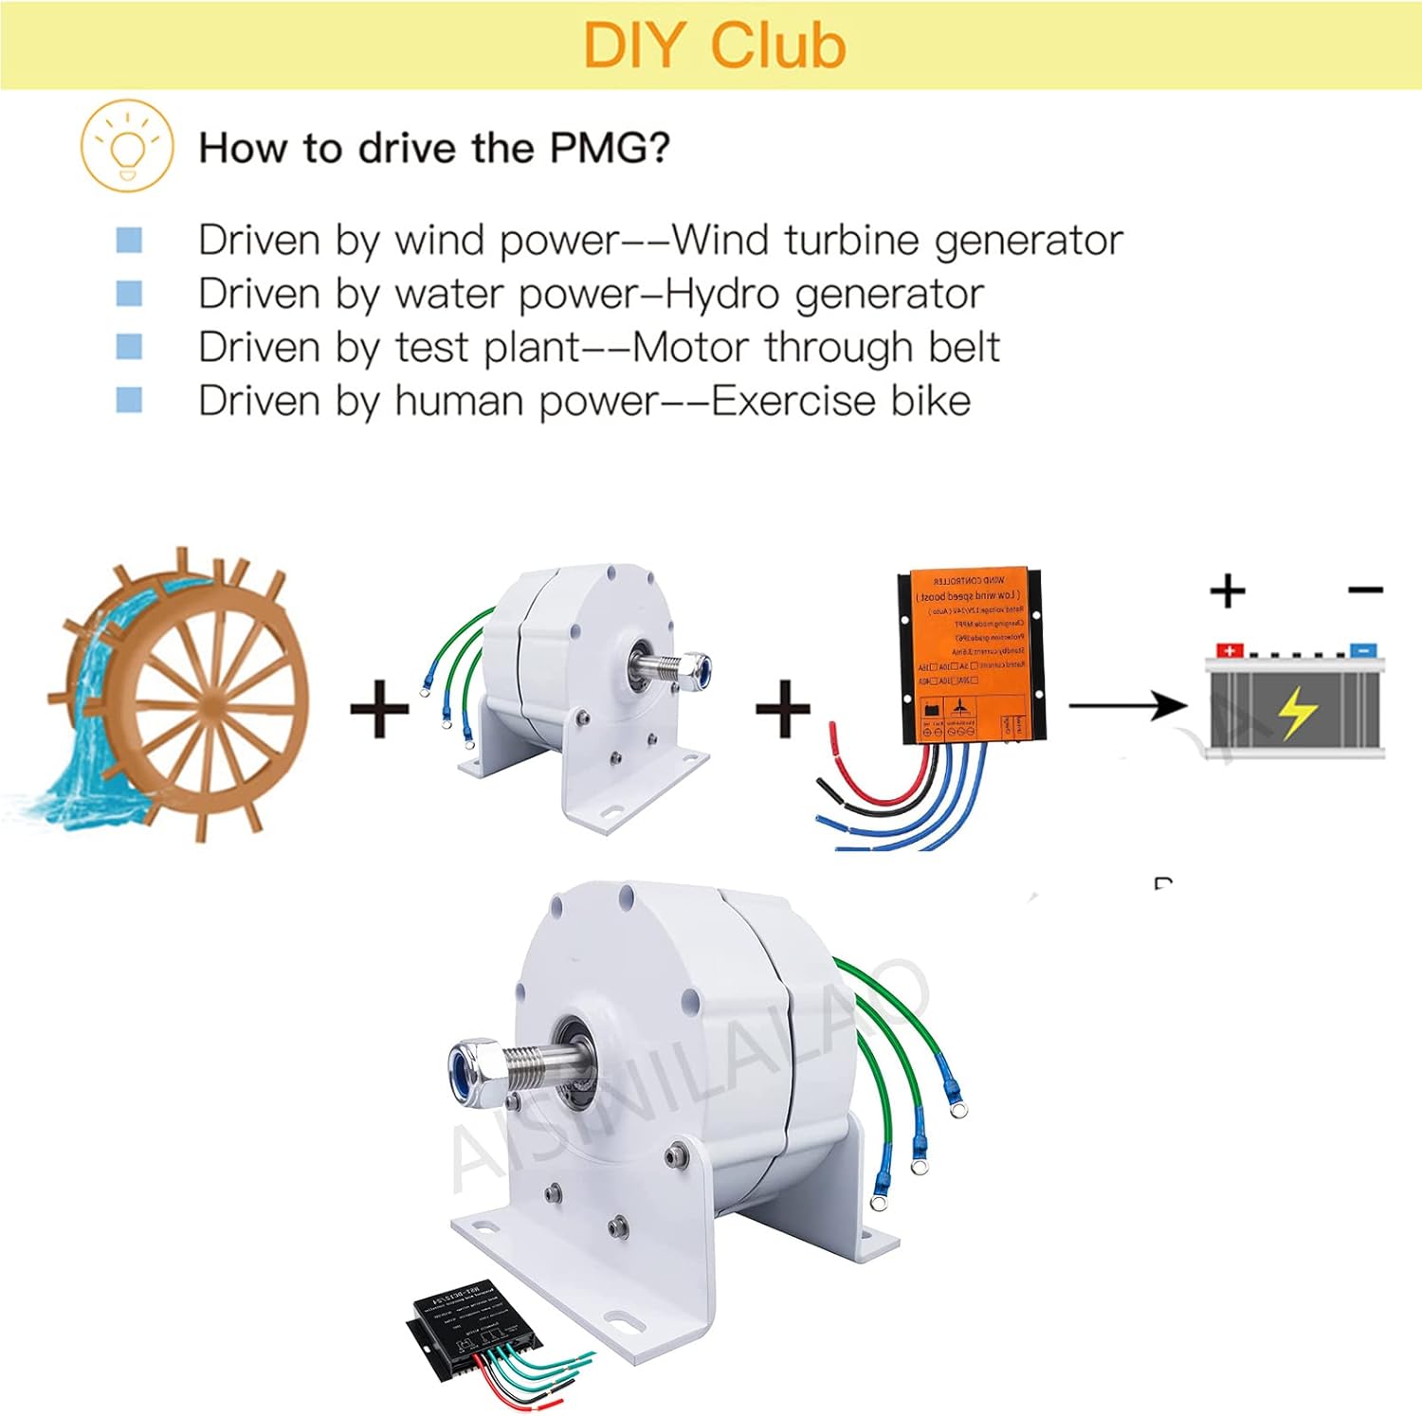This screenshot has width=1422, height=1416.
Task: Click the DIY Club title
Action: click(x=714, y=45)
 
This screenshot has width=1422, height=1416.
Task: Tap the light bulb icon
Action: click(x=127, y=146)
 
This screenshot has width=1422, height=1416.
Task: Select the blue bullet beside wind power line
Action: click(x=129, y=240)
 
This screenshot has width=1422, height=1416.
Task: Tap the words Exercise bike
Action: click(x=841, y=401)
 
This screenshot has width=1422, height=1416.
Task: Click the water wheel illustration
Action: click(x=180, y=697)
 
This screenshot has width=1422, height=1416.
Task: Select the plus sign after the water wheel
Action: click(x=379, y=709)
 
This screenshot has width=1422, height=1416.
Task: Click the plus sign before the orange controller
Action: click(x=783, y=709)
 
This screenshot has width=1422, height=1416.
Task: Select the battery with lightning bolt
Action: click(x=1295, y=706)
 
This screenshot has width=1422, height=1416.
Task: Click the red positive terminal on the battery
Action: click(x=1230, y=650)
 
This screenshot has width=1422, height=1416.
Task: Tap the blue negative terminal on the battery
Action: click(x=1362, y=650)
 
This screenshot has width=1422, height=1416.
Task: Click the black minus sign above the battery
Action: click(x=1365, y=590)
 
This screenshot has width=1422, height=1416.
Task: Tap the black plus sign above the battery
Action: click(x=1228, y=590)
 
